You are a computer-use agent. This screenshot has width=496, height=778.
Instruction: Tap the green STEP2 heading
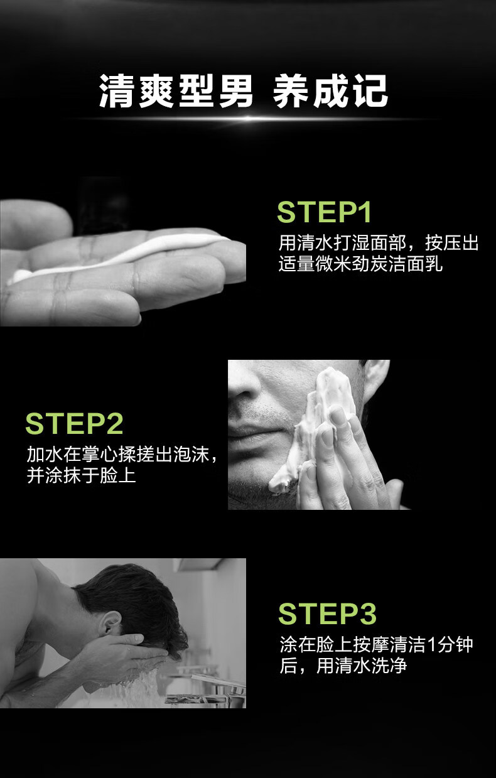coord(74,423)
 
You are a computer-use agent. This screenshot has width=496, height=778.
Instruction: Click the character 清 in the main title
coord(117,91)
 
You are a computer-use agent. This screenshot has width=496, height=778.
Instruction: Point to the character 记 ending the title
coord(370,91)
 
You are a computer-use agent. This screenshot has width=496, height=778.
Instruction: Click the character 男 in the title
coord(235,91)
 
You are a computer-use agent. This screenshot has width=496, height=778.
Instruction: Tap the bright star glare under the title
coord(247,119)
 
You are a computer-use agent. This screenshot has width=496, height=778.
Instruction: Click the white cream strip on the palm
coord(115,256)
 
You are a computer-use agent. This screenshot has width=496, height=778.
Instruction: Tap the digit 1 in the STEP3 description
coord(431,644)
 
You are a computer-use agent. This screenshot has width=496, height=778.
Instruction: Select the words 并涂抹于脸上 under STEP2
coord(81,475)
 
